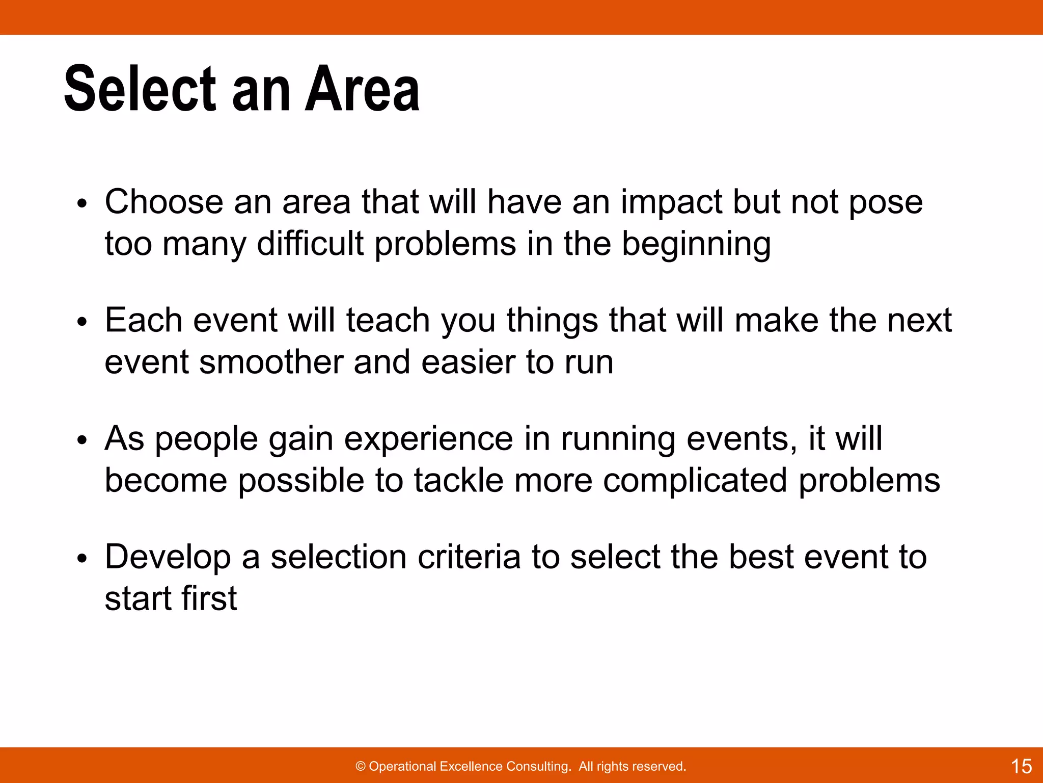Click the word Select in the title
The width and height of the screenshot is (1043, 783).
(x=141, y=89)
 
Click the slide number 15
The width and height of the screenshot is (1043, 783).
(x=1021, y=766)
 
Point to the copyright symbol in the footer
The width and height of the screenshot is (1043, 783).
(x=361, y=766)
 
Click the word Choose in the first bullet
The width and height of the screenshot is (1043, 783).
(x=163, y=202)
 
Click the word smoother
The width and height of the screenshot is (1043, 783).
(x=270, y=362)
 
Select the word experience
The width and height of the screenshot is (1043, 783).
(x=428, y=439)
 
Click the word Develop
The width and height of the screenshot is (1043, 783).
(x=168, y=558)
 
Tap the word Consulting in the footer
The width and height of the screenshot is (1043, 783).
(x=538, y=766)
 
